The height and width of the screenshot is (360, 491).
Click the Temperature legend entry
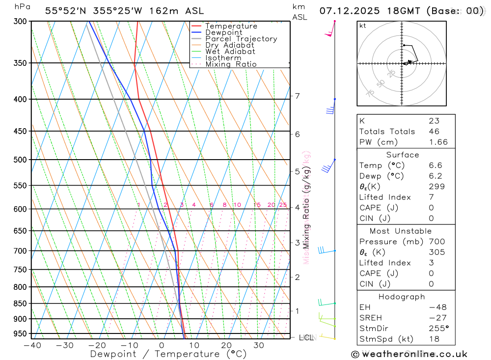(231, 26)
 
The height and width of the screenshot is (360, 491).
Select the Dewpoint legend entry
(224, 32)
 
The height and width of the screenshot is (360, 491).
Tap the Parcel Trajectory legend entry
(241, 39)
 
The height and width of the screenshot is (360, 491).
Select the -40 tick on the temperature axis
(32, 345)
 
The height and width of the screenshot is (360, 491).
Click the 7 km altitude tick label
(297, 96)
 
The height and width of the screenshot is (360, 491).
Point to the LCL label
(306, 337)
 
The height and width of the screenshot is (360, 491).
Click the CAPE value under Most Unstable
(432, 274)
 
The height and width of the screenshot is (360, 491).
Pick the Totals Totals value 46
(434, 132)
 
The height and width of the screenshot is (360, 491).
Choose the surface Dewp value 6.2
(435, 176)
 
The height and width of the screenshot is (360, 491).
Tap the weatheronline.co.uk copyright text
(409, 354)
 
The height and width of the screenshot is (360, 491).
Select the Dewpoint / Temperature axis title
(168, 354)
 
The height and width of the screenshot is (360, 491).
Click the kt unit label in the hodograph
(362, 26)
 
